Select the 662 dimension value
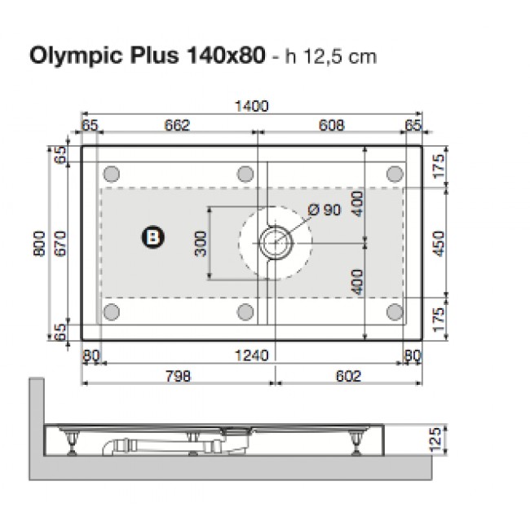click(176, 126)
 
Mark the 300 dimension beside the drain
click(201, 241)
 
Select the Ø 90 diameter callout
click(324, 210)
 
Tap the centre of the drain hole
click(275, 241)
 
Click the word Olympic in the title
click(70, 57)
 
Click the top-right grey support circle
click(395, 173)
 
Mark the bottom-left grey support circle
click(113, 311)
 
